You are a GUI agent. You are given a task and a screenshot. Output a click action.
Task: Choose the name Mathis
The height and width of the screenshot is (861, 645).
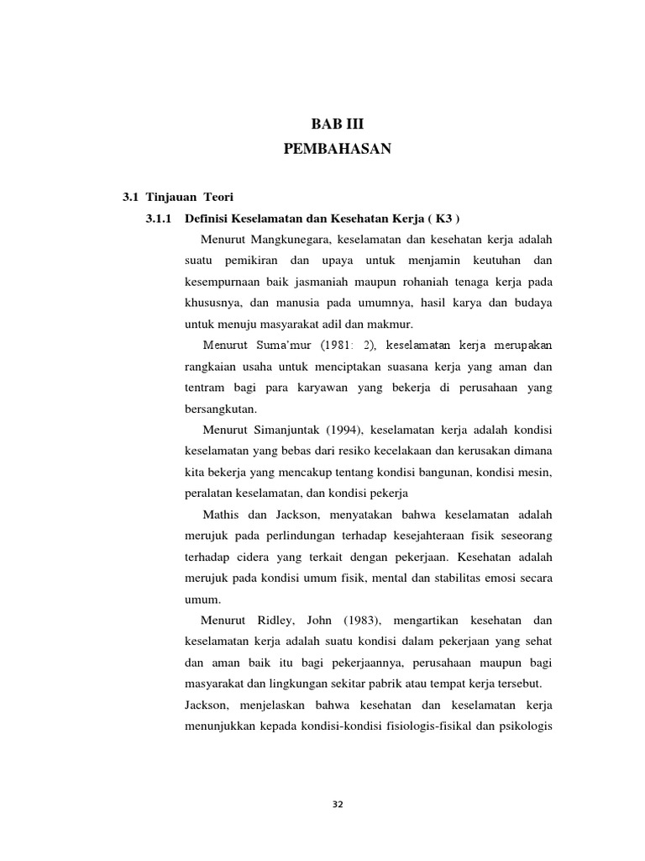point(221,514)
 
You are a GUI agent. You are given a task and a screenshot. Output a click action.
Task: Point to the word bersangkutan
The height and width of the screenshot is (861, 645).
point(217,409)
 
